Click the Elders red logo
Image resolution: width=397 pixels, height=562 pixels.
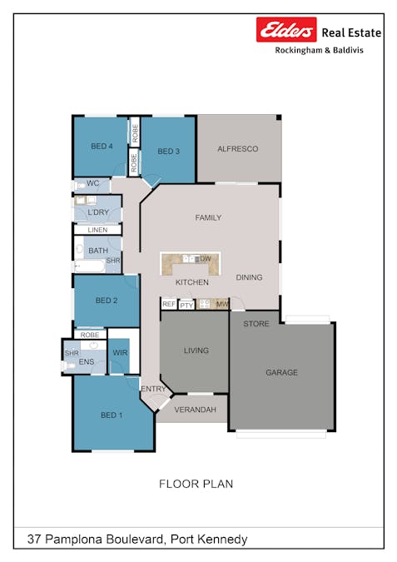coord(286,31)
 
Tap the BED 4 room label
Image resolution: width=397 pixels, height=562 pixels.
coord(102,147)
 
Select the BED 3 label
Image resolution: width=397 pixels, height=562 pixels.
coord(168,152)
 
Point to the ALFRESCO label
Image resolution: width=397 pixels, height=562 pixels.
coord(237,149)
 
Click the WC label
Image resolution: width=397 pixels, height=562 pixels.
coord(93,183)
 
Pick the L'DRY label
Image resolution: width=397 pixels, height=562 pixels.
coord(98,213)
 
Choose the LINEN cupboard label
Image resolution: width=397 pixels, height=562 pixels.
coord(97,230)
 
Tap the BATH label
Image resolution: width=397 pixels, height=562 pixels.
coord(98,251)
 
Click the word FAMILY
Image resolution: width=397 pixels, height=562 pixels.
coord(208,218)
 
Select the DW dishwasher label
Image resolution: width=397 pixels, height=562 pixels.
coord(205,260)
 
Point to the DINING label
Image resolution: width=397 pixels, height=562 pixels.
coord(249,278)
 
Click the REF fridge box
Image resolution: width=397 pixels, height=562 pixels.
coord(169,305)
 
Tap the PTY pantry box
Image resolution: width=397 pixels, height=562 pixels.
coord(186,306)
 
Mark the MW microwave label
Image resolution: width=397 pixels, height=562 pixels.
coord(221,305)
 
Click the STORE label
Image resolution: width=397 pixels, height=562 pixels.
coord(256,324)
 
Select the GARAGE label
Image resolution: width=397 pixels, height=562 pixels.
coord(281,372)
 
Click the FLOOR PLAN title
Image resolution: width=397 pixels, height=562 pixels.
coord(196,484)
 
